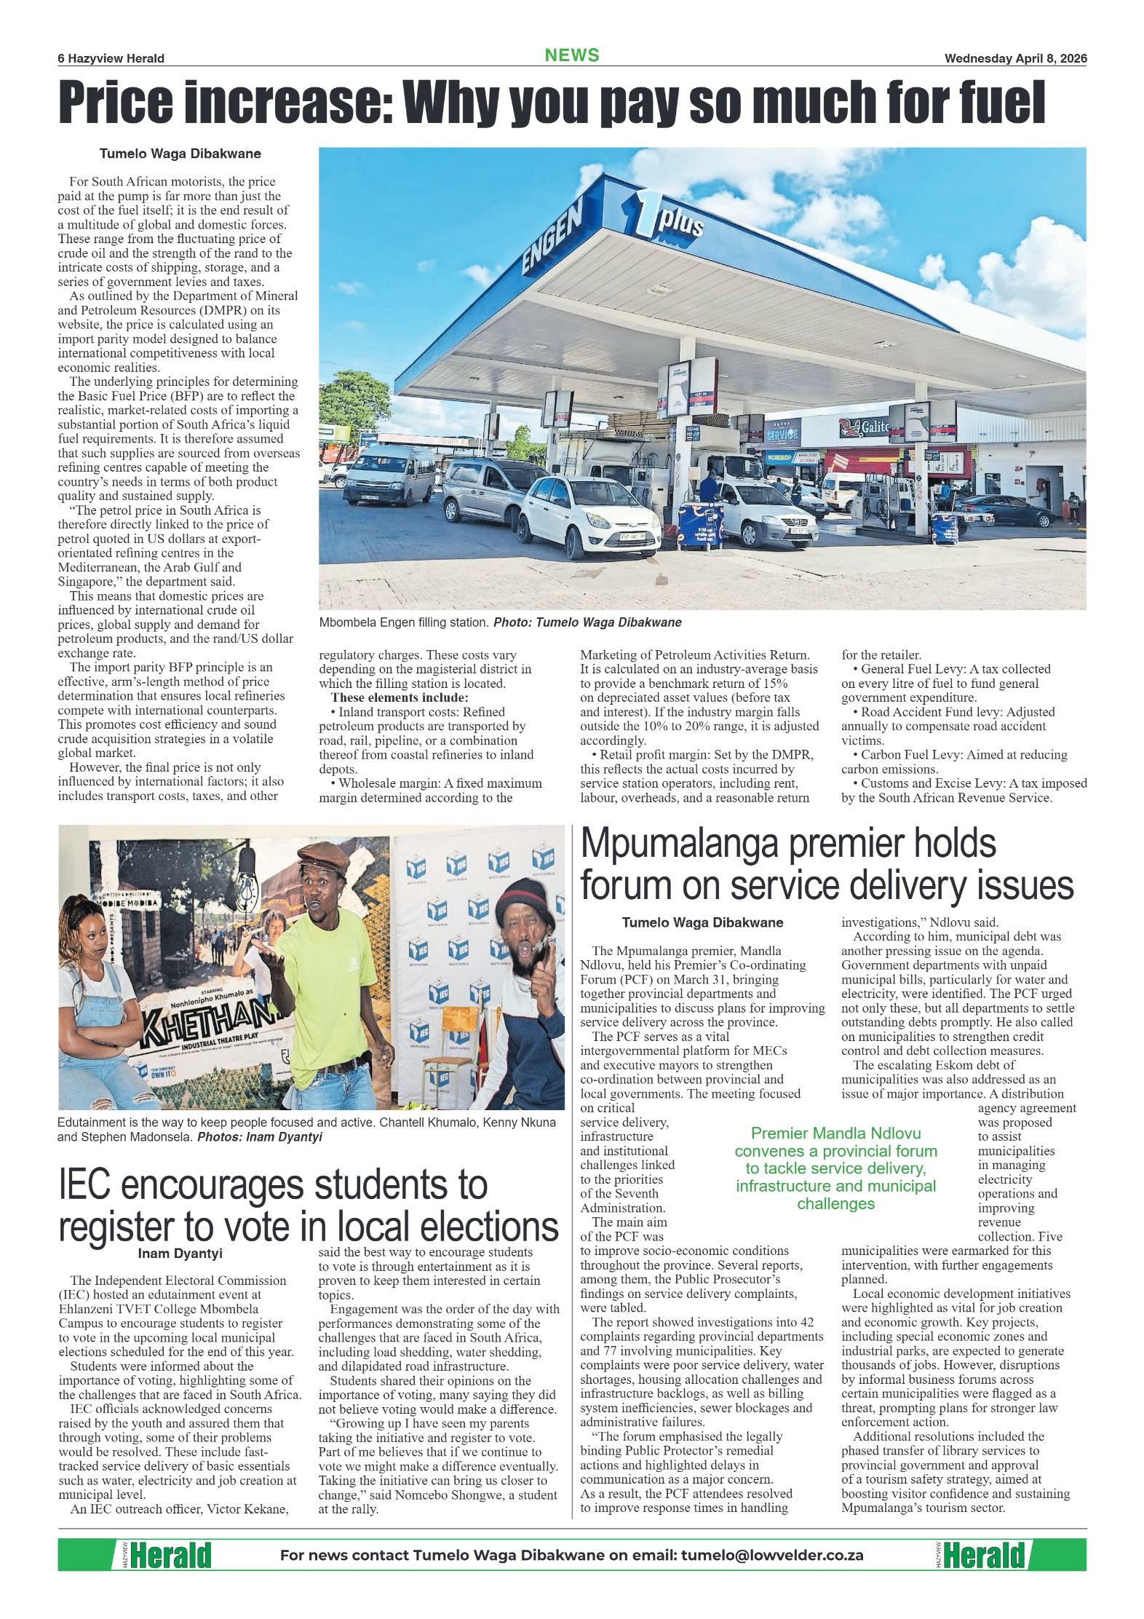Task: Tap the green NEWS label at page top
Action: coord(572,55)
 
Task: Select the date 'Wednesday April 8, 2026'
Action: coord(1015,59)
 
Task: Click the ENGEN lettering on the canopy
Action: coord(552,237)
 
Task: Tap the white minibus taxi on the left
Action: coord(389,475)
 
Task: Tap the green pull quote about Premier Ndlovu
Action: coord(835,1168)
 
